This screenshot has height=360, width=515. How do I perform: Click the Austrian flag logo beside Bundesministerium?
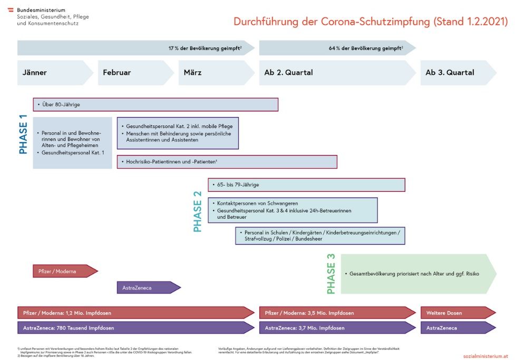point(11,10)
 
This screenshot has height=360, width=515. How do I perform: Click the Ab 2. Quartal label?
point(288,73)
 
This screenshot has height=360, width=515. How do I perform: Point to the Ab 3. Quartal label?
point(450,73)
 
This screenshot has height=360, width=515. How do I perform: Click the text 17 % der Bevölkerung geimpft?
point(205,48)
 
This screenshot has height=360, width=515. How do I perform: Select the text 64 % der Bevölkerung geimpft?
point(365,48)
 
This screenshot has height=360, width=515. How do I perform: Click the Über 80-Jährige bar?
point(156,104)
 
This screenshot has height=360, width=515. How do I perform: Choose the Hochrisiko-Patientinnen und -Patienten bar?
point(227,162)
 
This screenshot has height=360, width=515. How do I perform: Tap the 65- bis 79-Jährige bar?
point(306,185)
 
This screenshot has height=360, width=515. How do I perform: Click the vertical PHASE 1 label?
point(24,138)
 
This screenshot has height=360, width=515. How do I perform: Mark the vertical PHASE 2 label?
point(198,211)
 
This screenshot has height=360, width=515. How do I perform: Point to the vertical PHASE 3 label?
point(331,274)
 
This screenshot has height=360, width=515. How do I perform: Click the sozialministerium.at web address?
point(485,356)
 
